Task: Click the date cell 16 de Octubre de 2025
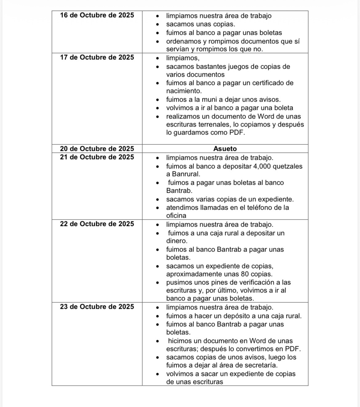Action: click(x=97, y=15)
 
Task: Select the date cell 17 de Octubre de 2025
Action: click(x=97, y=58)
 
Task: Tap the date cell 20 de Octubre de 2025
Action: click(x=97, y=149)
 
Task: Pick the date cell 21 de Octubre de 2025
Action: click(x=97, y=157)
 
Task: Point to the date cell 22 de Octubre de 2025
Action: click(x=97, y=224)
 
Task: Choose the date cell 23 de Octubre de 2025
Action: click(x=97, y=307)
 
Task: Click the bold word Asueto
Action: click(x=225, y=149)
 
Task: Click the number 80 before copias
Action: click(x=246, y=274)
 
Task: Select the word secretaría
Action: click(x=261, y=365)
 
